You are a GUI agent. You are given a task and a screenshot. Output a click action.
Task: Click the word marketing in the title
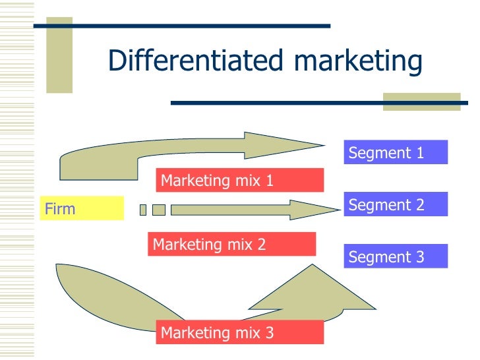(357, 61)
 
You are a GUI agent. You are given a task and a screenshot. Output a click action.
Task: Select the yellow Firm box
(82, 209)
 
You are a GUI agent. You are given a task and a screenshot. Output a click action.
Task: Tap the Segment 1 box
(395, 152)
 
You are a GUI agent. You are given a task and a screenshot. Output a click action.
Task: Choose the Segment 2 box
(395, 204)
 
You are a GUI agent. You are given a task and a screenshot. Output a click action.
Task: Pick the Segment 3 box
(395, 256)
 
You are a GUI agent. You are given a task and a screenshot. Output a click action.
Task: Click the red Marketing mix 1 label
(240, 180)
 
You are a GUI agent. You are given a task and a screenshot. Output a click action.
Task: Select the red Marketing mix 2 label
(232, 244)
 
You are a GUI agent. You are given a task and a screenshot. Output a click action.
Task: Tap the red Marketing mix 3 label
(240, 332)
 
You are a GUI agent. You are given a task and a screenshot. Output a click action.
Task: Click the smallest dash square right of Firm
(142, 210)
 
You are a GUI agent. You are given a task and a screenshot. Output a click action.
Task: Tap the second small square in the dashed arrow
(158, 210)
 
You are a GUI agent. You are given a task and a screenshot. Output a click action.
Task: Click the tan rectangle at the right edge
(421, 101)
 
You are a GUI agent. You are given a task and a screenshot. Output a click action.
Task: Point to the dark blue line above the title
(181, 26)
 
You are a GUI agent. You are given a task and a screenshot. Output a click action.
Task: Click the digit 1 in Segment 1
(420, 153)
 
